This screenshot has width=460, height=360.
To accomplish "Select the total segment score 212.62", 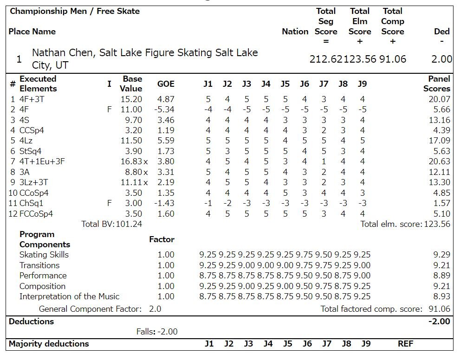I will [x=327, y=59].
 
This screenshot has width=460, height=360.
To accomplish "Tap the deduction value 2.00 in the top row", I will [x=441, y=59].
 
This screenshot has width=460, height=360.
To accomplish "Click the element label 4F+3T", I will [x=32, y=99].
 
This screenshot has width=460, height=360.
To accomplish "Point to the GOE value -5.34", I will [x=166, y=109].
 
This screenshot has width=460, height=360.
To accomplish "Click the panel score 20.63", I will [x=439, y=161].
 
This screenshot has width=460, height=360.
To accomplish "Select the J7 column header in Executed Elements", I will [x=324, y=84].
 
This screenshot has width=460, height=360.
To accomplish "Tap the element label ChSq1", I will [x=32, y=203].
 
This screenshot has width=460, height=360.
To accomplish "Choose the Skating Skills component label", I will [x=44, y=255].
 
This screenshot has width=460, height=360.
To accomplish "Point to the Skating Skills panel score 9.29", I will [x=441, y=255].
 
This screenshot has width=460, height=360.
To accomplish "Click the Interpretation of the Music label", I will [x=69, y=296].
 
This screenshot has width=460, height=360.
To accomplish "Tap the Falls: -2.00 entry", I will [x=156, y=332].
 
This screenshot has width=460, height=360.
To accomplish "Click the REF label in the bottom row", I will [x=405, y=344].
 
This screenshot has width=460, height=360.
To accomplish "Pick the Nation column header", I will [x=295, y=32].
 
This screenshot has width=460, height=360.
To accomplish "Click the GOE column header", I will [x=166, y=84].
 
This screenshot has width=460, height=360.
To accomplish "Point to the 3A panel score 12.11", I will [x=439, y=172].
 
